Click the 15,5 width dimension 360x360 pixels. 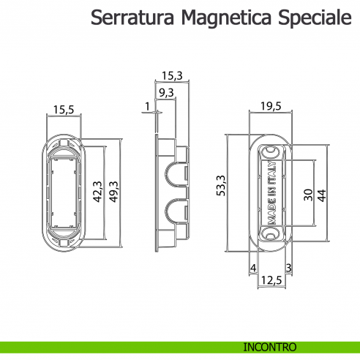[63, 110]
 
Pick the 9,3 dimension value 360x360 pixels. [166, 93]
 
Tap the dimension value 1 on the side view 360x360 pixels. [147, 108]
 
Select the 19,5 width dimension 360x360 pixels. [271, 107]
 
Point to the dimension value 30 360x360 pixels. [307, 195]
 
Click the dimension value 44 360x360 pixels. [321, 195]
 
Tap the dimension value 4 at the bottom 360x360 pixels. [252, 268]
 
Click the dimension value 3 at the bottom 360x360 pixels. [290, 268]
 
